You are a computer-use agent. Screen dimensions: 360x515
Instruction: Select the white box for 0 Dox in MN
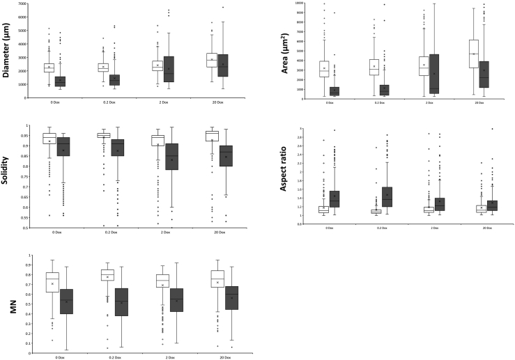pos(52,281)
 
